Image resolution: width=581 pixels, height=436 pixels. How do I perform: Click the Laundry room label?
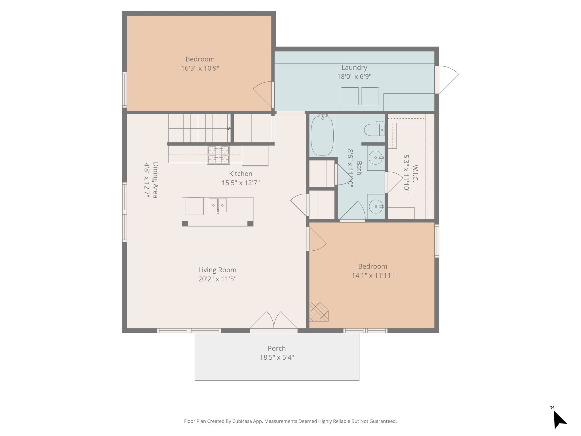point(354,68)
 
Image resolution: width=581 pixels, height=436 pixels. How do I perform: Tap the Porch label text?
point(277,348)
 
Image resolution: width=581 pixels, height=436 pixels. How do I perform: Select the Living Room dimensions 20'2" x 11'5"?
point(217,279)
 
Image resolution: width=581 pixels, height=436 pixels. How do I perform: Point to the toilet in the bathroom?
point(374,130)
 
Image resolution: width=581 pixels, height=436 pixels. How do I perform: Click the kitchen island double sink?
point(218,205)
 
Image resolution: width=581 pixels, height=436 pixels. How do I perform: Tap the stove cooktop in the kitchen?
point(218,155)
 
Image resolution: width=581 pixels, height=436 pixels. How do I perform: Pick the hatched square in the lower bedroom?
point(319,312)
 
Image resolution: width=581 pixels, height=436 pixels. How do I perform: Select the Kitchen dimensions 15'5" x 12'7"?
point(241,183)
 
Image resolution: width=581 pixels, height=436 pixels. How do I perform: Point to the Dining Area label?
point(155,180)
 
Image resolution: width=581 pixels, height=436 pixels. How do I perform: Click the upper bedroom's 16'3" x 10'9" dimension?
point(200,68)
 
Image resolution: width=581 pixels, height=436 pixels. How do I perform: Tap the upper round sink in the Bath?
point(376,158)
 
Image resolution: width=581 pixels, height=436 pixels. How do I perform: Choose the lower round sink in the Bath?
point(376,206)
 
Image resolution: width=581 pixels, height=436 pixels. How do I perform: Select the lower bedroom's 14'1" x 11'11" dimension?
point(372,276)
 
